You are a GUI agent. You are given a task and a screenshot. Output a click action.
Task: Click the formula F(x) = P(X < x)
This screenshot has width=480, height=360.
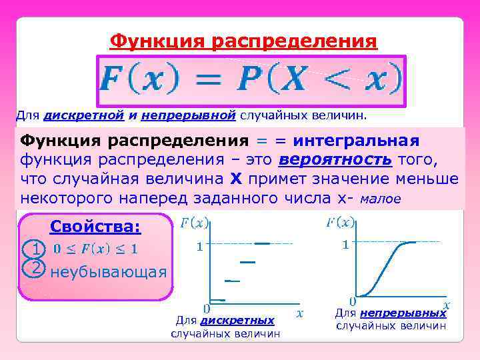tap(251, 81)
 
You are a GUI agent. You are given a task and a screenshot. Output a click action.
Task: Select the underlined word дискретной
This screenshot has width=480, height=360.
tap(83, 115)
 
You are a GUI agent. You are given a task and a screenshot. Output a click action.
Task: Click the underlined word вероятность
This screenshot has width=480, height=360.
tap(335, 161)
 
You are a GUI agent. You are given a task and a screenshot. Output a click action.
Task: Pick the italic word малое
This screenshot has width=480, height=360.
tap(379, 199)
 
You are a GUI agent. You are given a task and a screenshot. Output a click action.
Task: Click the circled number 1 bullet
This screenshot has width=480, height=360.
tap(34, 249)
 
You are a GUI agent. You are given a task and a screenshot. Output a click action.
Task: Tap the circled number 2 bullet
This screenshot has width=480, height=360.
tap(34, 267)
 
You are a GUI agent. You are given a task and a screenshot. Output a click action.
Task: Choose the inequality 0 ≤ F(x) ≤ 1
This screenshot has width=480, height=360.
tap(95, 249)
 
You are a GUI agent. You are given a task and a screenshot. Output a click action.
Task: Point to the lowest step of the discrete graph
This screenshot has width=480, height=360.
tap(217, 299)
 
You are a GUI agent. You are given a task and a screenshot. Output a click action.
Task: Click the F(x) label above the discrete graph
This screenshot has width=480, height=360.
tap(194, 222)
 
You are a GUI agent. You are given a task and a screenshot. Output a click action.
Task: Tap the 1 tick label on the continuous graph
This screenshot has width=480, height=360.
tap(345, 245)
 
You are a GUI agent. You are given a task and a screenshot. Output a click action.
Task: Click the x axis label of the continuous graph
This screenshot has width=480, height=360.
tap(447, 305)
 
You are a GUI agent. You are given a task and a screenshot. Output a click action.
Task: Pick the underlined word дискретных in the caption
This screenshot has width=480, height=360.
tap(237, 321)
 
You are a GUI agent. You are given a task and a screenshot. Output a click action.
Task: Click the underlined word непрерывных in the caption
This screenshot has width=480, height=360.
tap(402, 313)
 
